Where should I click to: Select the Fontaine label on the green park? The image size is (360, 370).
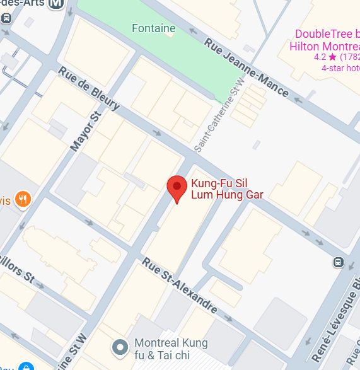click(x=153, y=28)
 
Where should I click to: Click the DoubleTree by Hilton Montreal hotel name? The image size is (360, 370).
click(x=324, y=40)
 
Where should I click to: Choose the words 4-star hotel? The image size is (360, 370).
click(x=340, y=68)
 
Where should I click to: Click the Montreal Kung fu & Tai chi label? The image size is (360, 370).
click(x=171, y=349)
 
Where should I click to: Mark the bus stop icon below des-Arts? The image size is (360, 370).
click(x=6, y=17)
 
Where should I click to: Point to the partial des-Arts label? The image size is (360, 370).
click(x=24, y=3)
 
